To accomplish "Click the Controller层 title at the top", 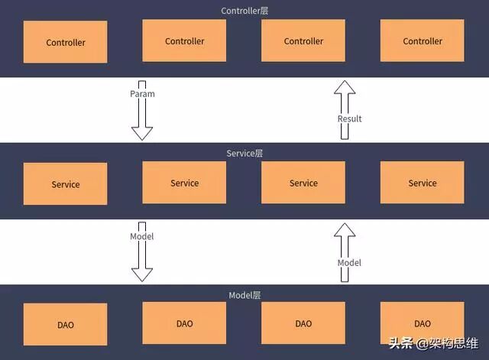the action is pos(244,11).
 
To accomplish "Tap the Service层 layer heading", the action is pos(244,153).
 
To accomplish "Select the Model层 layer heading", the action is pos(244,295).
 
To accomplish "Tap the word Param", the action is pos(142,94).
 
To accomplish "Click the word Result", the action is pos(349,118).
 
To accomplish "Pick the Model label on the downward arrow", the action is pos(142,236).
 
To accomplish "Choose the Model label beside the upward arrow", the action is pos(349,262).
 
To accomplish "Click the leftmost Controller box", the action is pos(66,42).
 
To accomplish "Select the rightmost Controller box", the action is pos(423,41).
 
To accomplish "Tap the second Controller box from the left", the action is pos(184,41).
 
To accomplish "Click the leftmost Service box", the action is pos(66,184).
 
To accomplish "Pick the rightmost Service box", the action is pos(423,183).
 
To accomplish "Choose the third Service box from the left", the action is pos(303,183).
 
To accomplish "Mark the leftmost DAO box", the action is pos(66,325).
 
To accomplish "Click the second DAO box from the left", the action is pos(184,323).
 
